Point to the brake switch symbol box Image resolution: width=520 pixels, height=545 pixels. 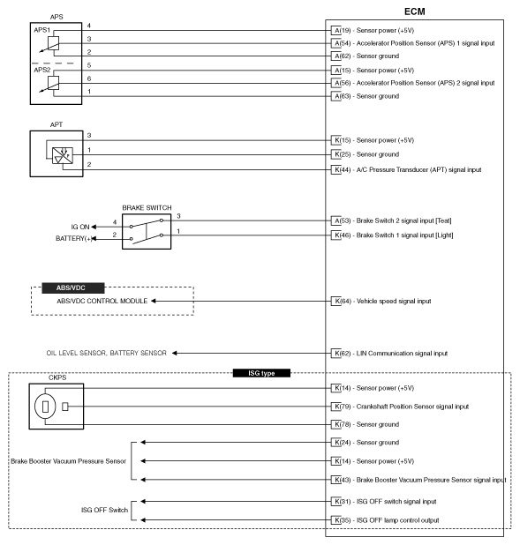click(148, 228)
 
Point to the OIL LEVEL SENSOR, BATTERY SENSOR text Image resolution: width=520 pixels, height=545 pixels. click(106, 353)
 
